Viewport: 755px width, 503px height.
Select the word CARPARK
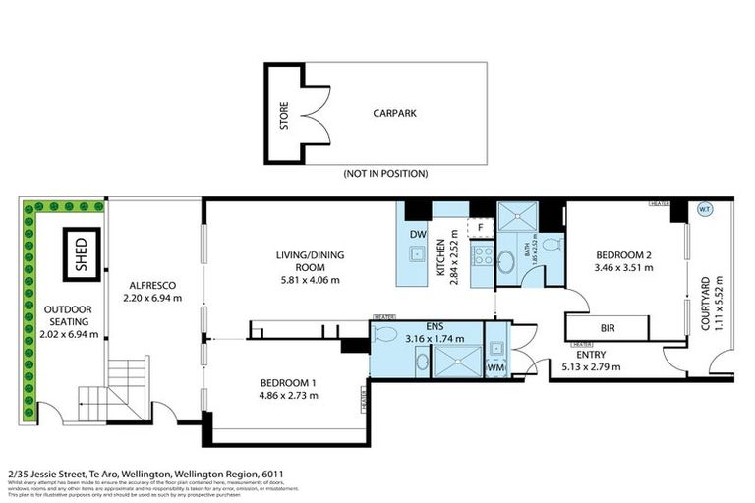point(394,114)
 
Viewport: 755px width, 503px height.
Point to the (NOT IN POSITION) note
point(384,173)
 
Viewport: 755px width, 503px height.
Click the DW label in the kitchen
point(417,235)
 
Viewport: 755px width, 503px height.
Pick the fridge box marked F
point(480,227)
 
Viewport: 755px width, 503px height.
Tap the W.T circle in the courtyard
point(704,209)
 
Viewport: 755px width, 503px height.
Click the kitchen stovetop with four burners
point(483,254)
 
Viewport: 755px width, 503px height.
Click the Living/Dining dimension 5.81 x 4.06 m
point(308,279)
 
